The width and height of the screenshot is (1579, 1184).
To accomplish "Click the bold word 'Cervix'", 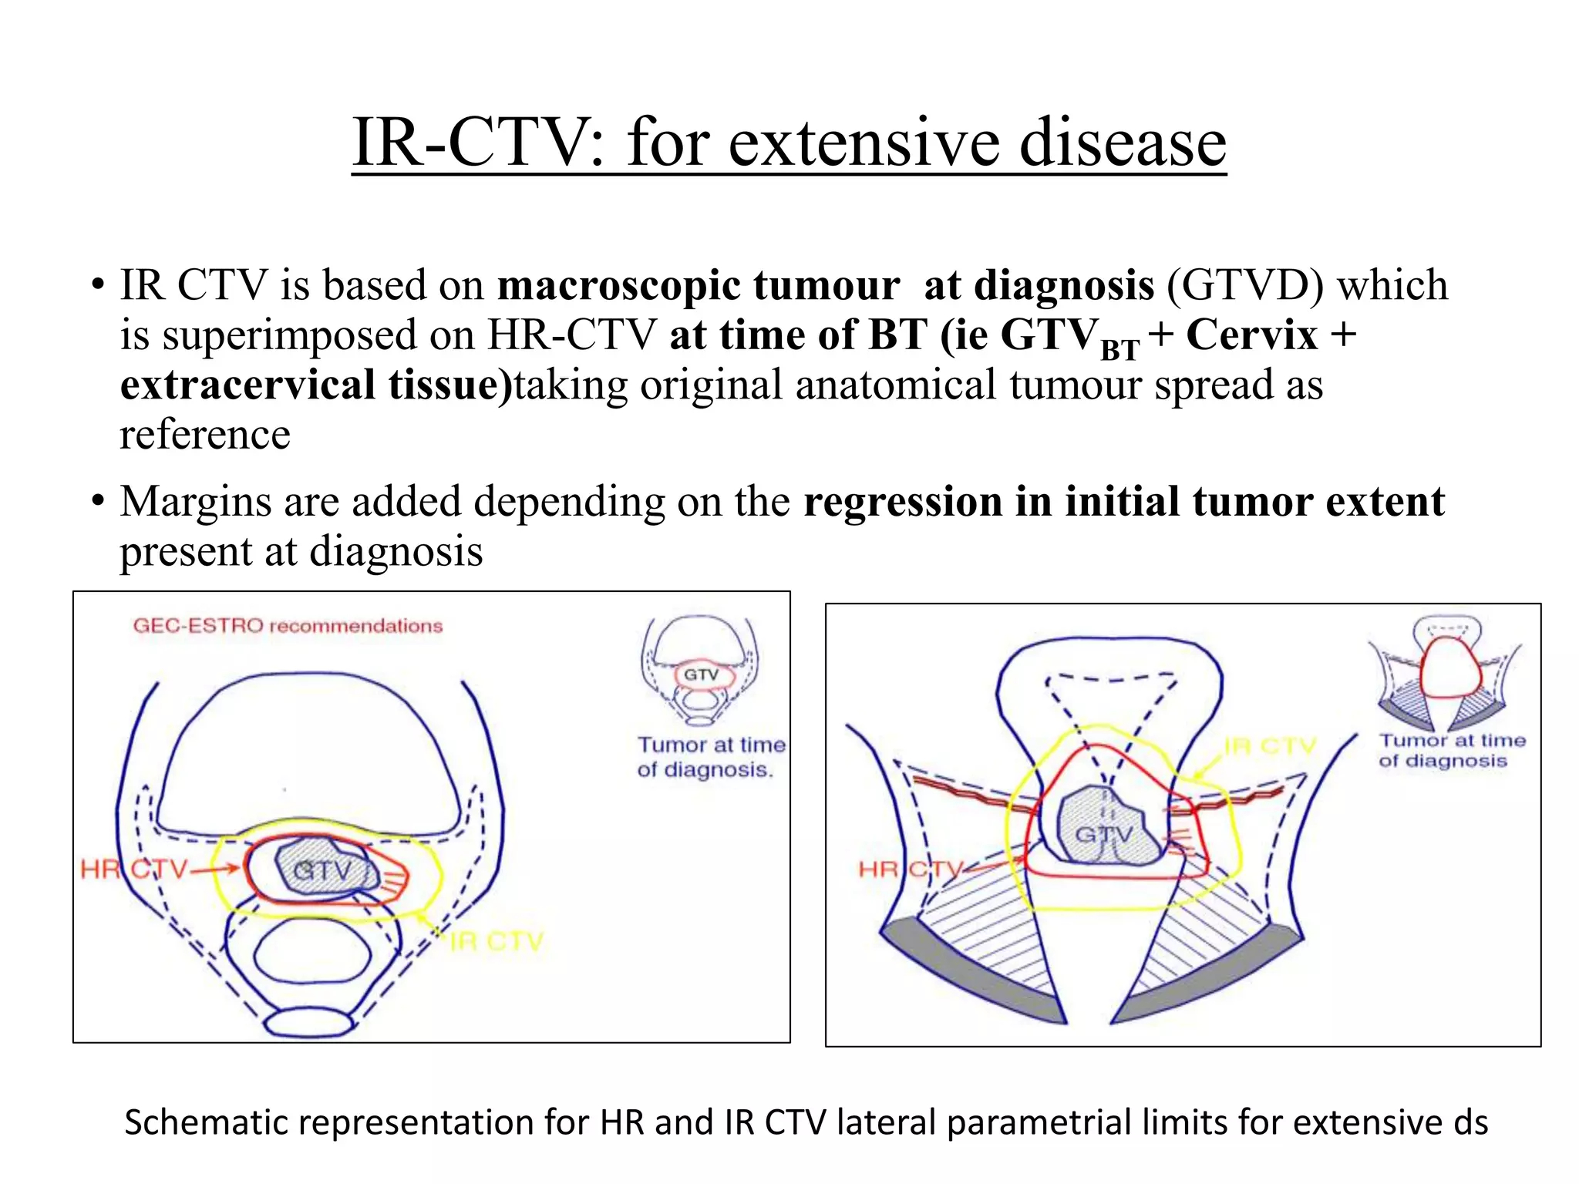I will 1251,335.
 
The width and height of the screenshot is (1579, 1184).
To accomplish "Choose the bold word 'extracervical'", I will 247,385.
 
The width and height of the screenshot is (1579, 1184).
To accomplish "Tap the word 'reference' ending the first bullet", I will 205,435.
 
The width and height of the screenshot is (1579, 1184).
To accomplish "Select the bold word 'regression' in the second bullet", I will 902,502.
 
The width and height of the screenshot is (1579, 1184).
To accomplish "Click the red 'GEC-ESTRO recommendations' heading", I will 288,625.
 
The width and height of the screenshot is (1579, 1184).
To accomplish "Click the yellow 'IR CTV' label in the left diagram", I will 497,941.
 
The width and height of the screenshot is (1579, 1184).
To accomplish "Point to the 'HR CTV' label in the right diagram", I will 911,869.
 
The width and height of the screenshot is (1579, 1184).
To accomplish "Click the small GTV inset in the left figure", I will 700,674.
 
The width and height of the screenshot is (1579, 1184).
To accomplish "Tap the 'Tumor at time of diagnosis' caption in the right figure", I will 1453,750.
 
